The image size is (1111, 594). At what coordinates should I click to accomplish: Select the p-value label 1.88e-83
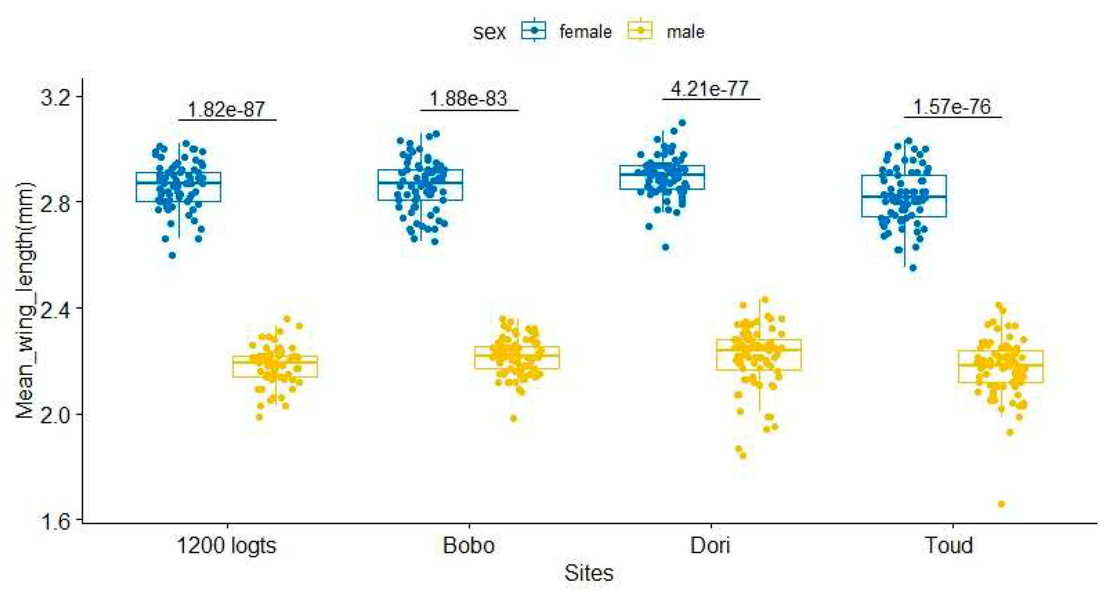click(469, 99)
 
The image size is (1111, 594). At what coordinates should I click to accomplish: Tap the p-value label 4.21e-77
click(710, 89)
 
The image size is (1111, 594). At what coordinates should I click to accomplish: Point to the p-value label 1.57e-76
click(952, 107)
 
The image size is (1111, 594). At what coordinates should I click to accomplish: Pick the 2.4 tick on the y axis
click(55, 308)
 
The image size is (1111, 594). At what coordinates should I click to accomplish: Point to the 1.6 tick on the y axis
click(55, 521)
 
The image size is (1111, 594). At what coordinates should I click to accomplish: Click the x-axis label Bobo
click(469, 546)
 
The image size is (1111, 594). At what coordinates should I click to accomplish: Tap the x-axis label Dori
click(710, 546)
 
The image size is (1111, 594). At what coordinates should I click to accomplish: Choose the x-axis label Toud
click(949, 546)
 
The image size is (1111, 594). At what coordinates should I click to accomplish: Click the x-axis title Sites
click(589, 573)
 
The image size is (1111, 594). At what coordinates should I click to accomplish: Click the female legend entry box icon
click(534, 30)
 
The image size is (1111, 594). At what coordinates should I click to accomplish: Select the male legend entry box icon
click(640, 30)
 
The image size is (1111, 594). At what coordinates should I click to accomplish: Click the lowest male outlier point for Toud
click(1001, 504)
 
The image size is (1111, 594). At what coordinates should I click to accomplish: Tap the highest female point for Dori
click(682, 123)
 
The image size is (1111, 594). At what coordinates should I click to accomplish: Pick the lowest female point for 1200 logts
click(172, 255)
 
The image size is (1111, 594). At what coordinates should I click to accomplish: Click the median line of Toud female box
click(904, 196)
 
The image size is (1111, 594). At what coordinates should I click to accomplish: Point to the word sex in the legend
click(489, 32)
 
